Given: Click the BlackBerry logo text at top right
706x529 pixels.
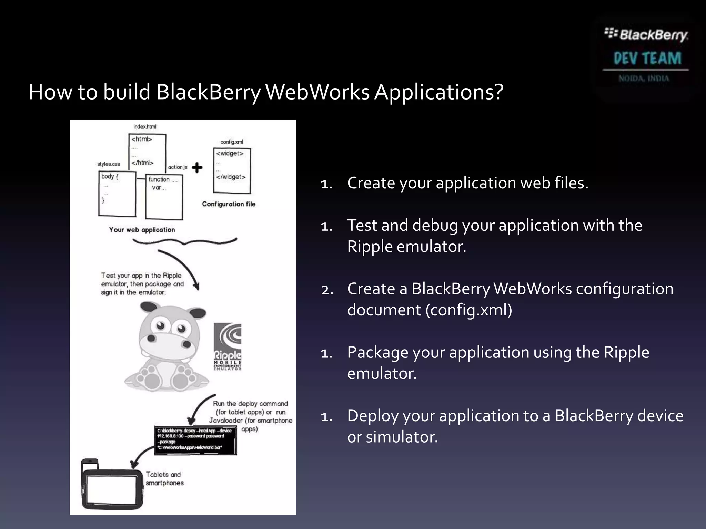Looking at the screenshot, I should [x=646, y=34].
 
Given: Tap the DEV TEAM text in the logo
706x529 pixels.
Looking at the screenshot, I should [x=647, y=58].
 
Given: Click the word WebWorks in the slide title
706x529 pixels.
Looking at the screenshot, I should [x=317, y=92].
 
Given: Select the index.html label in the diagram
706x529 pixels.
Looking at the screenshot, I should [x=145, y=127].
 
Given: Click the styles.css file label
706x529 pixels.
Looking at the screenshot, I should [x=109, y=164].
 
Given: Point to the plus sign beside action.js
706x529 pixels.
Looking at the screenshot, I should [x=197, y=168].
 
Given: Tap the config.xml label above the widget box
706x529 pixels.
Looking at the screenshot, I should [x=232, y=142].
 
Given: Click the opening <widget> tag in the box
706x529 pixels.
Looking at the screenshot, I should [x=230, y=153].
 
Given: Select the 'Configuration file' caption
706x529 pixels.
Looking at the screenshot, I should [x=229, y=204].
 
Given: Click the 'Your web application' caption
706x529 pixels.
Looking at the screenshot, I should [x=142, y=230].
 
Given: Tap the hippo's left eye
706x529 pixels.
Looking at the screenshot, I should [x=161, y=325].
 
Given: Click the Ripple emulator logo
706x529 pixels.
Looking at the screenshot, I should [x=228, y=346].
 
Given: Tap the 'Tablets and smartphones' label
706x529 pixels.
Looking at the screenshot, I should [x=164, y=479].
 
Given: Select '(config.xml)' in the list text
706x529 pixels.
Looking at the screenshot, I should [x=468, y=310].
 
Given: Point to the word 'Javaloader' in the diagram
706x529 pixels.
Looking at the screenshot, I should [x=226, y=421].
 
